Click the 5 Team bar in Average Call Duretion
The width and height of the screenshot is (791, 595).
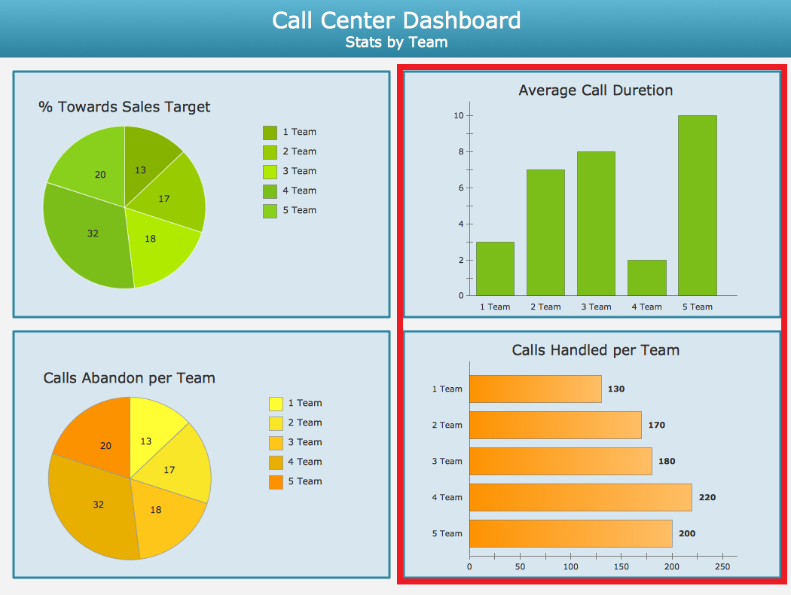point(697,205)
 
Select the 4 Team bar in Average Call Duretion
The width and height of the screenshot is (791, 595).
point(646,277)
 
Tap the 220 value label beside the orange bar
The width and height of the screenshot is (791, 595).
point(707,497)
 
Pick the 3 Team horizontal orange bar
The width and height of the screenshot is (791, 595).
point(560,461)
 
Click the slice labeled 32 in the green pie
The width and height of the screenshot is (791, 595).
point(90,237)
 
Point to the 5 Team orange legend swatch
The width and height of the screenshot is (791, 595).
point(276,482)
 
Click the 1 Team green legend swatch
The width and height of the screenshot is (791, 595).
point(270,133)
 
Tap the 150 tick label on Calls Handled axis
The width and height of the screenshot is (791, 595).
point(621,566)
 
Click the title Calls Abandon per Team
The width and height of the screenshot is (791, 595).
point(129,378)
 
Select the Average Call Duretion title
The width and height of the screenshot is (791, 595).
point(595,90)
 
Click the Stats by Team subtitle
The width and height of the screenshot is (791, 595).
point(396,42)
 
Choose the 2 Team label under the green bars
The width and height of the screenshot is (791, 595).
point(545,307)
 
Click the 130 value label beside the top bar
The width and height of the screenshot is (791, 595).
point(615,389)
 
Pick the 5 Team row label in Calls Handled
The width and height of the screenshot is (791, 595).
point(447,533)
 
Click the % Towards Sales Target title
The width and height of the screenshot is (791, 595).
point(124,107)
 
